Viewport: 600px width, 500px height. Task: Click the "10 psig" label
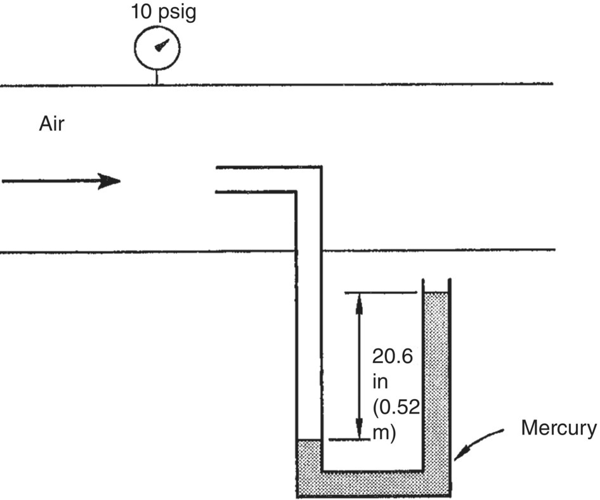(163, 12)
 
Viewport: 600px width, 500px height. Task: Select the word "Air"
(52, 124)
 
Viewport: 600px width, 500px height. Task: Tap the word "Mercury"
(559, 428)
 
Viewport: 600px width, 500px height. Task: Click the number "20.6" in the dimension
(393, 357)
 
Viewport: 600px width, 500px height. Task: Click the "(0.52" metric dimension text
(396, 407)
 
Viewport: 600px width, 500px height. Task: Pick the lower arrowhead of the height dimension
(359, 431)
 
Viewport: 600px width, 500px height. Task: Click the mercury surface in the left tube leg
(309, 439)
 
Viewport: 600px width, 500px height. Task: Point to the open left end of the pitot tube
(218, 179)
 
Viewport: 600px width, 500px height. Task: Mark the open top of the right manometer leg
(436, 282)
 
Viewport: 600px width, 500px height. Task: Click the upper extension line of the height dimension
(381, 293)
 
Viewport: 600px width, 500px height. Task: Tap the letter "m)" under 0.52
(384, 433)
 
